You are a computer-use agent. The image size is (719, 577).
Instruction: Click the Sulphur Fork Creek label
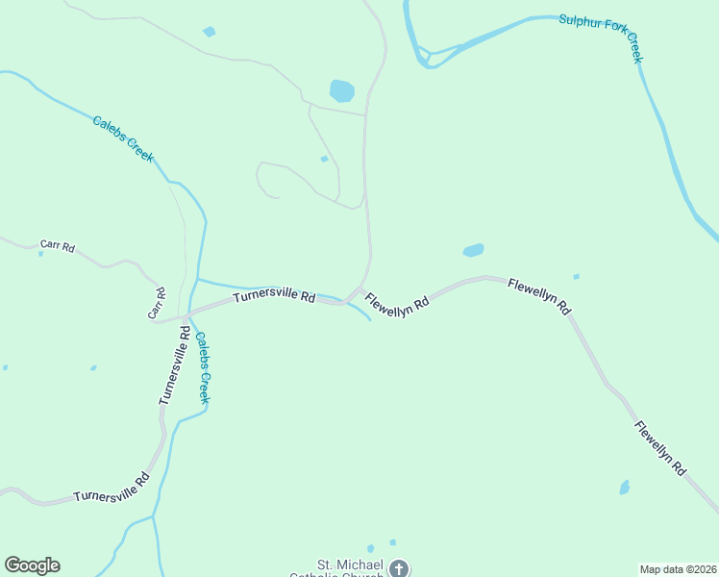click(602, 38)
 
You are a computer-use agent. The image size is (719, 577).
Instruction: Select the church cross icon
click(399, 568)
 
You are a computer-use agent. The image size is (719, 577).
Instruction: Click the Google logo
click(32, 565)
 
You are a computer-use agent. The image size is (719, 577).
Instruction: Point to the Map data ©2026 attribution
click(678, 569)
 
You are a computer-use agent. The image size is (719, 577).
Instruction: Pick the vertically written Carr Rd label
click(156, 303)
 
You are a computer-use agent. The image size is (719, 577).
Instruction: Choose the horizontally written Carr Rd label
click(58, 246)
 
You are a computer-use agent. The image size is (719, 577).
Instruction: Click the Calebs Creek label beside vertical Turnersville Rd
click(203, 367)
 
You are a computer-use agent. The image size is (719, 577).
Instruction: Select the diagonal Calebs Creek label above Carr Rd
click(123, 138)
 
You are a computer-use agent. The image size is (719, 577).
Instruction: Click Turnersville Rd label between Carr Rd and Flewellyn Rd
click(274, 299)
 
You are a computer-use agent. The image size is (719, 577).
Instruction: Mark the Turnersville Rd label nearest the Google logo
click(112, 488)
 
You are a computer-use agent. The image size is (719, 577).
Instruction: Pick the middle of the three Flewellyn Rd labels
click(539, 296)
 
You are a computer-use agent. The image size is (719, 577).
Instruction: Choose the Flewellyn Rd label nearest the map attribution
click(659, 449)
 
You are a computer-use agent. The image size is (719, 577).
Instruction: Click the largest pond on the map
click(341, 91)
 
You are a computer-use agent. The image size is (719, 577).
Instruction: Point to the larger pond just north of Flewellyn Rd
click(473, 250)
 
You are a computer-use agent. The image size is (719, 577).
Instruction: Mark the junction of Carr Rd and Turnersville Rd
click(186, 316)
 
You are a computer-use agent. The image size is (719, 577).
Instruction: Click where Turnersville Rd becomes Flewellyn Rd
click(357, 293)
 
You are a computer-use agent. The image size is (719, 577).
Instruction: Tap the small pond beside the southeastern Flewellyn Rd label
click(625, 488)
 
